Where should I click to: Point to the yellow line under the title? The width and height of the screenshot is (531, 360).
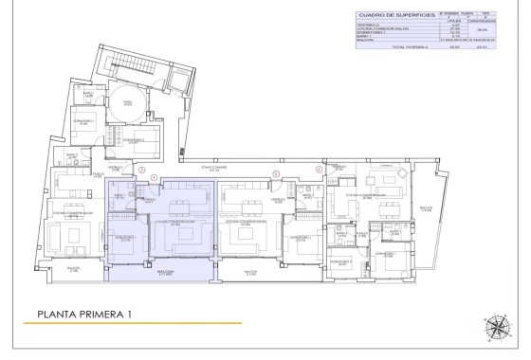click(133, 323)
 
